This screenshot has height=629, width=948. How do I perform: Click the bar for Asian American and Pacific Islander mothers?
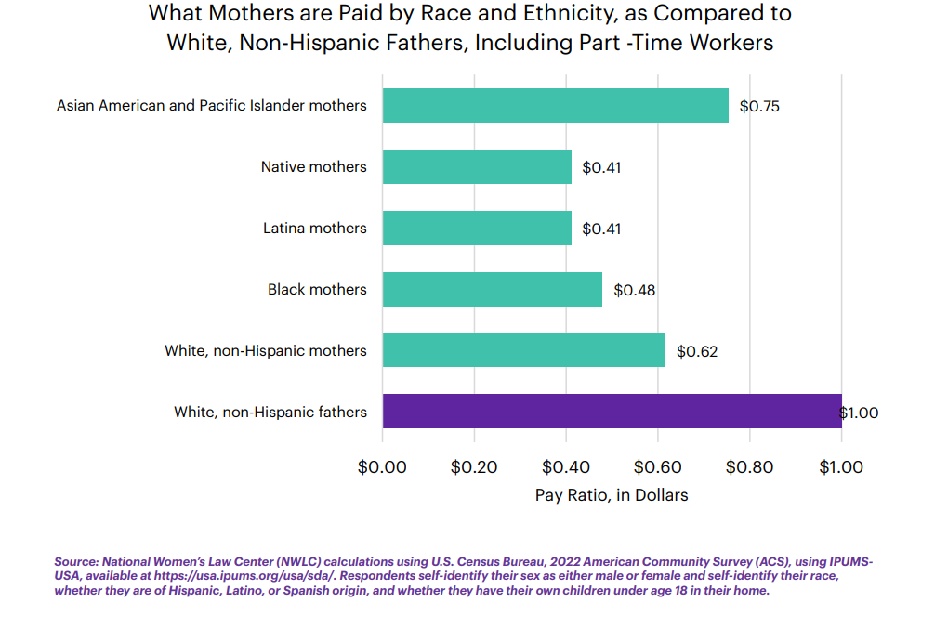coord(555,106)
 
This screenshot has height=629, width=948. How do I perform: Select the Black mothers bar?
coord(492,290)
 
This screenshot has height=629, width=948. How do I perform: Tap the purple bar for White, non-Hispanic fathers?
coord(612,412)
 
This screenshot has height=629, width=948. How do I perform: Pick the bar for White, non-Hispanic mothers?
coord(523,351)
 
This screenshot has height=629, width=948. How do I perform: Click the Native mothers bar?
coord(476,167)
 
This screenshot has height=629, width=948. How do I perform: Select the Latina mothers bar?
coord(476,229)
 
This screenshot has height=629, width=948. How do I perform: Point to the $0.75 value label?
coord(759,106)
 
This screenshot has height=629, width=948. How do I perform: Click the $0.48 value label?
coord(635,290)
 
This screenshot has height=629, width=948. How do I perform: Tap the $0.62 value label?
coord(697,351)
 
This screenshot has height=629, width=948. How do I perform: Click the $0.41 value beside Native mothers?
coord(601,167)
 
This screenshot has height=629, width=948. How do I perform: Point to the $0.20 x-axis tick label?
coord(474,467)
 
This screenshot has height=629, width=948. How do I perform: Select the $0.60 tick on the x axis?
coord(657,467)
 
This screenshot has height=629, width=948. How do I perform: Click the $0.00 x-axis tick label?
coord(382,467)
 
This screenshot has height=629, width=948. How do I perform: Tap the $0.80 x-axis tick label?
coord(749,467)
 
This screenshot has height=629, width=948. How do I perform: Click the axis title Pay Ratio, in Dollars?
coord(612,495)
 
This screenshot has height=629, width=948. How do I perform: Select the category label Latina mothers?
coord(314,229)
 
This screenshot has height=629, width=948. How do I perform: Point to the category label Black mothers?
coord(317,290)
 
